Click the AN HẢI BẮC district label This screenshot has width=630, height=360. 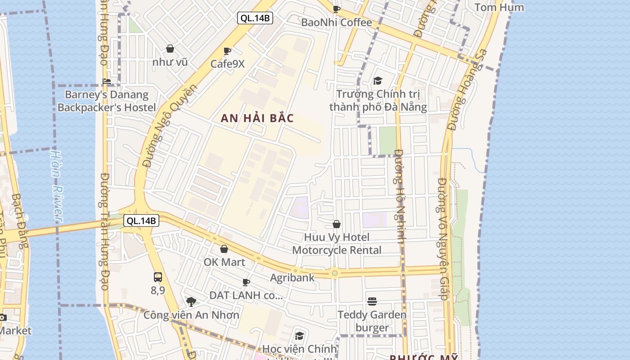(x=257, y=118)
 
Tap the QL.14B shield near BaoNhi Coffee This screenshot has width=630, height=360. (x=255, y=18)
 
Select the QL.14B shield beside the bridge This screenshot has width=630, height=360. (x=141, y=220)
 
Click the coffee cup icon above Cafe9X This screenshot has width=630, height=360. (x=227, y=51)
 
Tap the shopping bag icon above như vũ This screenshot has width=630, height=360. (x=170, y=49)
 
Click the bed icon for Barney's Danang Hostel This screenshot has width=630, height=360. (x=107, y=81)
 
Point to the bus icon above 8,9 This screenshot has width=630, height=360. (x=157, y=277)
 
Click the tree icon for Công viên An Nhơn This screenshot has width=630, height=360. (x=191, y=301)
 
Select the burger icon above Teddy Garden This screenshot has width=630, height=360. (x=372, y=301)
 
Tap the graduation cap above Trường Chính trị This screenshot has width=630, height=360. (x=378, y=81)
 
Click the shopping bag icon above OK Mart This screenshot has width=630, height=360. (x=224, y=249)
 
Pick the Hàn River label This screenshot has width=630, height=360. (x=56, y=186)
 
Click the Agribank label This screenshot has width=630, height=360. (x=292, y=278)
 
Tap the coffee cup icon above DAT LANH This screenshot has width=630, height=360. (x=246, y=283)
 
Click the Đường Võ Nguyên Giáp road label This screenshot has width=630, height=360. (x=443, y=238)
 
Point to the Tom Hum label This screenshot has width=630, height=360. (x=499, y=7)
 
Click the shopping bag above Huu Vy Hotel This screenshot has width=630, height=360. (x=336, y=224)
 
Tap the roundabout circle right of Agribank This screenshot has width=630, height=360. (x=334, y=273)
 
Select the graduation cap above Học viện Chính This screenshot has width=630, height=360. (x=299, y=336)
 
